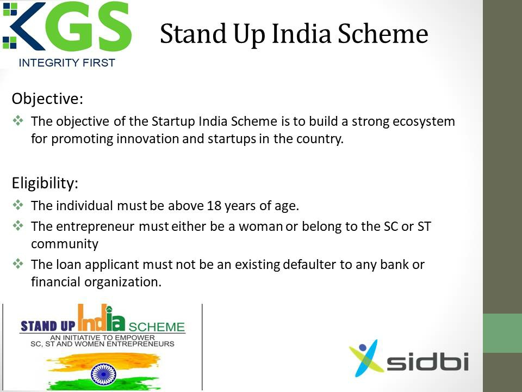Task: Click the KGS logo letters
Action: (x=67, y=26)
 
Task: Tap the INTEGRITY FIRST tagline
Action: (x=67, y=63)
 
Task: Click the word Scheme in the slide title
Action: (x=383, y=34)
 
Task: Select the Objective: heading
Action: (x=47, y=99)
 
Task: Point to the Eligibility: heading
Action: (x=45, y=183)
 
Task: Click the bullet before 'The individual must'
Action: (x=18, y=205)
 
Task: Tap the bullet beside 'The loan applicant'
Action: (x=18, y=264)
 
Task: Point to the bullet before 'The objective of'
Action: (x=18, y=120)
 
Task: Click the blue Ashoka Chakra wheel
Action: (x=103, y=374)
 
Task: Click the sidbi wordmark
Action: (x=428, y=362)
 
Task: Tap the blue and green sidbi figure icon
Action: (x=365, y=358)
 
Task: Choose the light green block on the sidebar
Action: (x=502, y=333)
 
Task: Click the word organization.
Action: (x=123, y=283)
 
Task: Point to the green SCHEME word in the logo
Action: (x=157, y=327)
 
